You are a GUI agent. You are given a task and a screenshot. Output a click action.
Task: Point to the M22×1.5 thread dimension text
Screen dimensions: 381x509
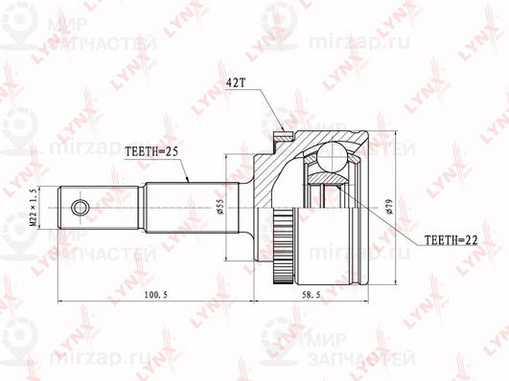tap(34, 207)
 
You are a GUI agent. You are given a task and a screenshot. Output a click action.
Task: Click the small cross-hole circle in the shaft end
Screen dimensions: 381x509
tap(81, 206)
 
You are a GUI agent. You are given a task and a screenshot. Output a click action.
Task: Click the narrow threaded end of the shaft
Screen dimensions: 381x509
tap(101, 206)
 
